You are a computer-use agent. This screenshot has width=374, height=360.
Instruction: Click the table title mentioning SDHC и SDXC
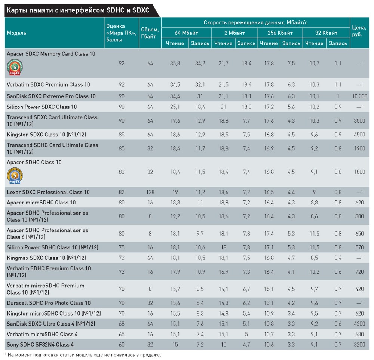click(x=78, y=10)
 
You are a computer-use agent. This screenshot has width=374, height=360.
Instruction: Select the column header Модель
click(x=16, y=33)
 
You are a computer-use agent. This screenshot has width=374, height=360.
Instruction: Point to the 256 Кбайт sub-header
click(x=280, y=33)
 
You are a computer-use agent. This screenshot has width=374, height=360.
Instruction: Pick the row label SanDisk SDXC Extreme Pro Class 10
click(x=51, y=96)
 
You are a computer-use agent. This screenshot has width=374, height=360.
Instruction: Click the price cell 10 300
click(x=359, y=96)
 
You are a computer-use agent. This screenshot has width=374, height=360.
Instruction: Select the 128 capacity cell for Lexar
click(x=150, y=192)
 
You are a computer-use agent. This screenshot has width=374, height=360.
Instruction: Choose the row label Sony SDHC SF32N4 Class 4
click(x=40, y=344)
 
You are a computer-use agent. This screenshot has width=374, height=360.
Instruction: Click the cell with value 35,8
click(x=175, y=64)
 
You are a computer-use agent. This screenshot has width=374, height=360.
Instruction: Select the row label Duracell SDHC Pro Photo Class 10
click(x=49, y=303)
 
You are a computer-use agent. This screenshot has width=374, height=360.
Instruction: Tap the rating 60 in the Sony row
click(x=122, y=344)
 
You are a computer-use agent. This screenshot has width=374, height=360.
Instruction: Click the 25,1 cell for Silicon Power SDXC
click(x=175, y=107)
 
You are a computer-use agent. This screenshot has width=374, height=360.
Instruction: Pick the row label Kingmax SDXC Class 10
click(x=46, y=258)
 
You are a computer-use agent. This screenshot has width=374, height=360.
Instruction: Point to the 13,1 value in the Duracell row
click(x=269, y=303)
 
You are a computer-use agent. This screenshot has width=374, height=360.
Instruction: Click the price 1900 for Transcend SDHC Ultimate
click(x=359, y=148)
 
